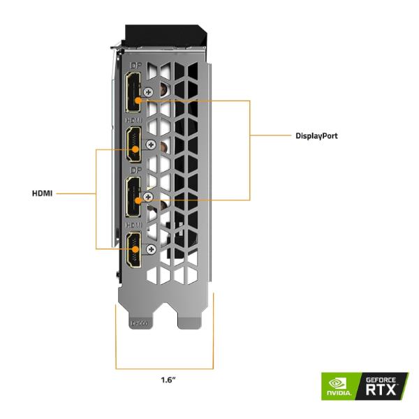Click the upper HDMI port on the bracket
[x=133, y=145]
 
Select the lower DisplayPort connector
[x=133, y=196]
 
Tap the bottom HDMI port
[x=133, y=252]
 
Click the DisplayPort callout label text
[x=316, y=135]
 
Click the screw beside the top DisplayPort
[x=147, y=91]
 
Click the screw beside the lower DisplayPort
[x=147, y=198]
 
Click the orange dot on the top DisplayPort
[x=138, y=100]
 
